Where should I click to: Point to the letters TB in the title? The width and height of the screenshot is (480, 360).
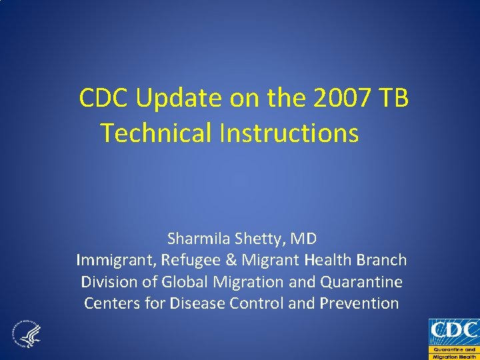click(x=394, y=99)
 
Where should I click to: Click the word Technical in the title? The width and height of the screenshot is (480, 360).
click(x=156, y=133)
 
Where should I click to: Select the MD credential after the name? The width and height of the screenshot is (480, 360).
click(x=304, y=238)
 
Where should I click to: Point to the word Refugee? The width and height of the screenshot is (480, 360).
click(x=185, y=260)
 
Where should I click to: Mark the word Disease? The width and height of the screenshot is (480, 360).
click(x=197, y=304)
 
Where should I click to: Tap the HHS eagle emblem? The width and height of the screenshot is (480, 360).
click(x=26, y=334)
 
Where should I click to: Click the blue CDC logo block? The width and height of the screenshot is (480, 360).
click(x=453, y=331)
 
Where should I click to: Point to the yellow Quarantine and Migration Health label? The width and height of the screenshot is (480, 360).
click(x=453, y=353)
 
